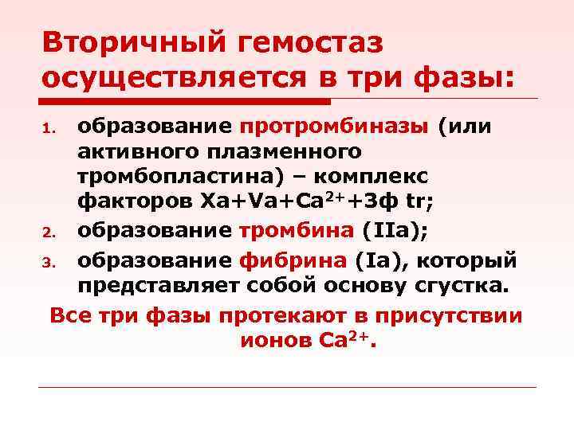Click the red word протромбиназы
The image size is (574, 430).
click(x=334, y=127)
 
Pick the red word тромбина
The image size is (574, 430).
click(x=297, y=233)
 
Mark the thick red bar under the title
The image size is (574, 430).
click(x=183, y=101)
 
